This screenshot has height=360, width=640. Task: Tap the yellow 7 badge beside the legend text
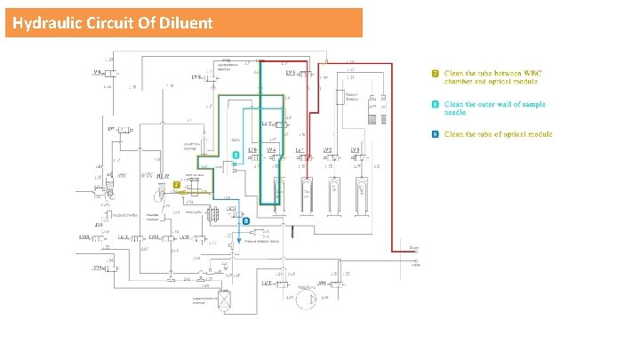(x=435, y=73)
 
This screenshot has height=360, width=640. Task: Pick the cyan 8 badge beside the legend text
(x=435, y=105)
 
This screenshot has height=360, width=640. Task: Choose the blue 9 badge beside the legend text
(x=435, y=134)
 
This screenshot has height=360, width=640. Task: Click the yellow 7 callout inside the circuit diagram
(x=177, y=184)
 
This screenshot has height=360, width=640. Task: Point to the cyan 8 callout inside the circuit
(x=236, y=155)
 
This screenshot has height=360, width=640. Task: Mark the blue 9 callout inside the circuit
(x=245, y=220)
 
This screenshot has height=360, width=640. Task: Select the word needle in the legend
(x=456, y=114)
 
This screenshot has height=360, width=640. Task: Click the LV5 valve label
(x=292, y=73)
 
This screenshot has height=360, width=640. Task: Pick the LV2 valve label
(x=328, y=150)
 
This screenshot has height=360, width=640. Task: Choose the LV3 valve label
(x=356, y=150)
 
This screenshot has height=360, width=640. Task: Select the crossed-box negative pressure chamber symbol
(x=225, y=301)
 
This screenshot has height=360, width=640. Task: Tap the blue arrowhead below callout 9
(x=237, y=240)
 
